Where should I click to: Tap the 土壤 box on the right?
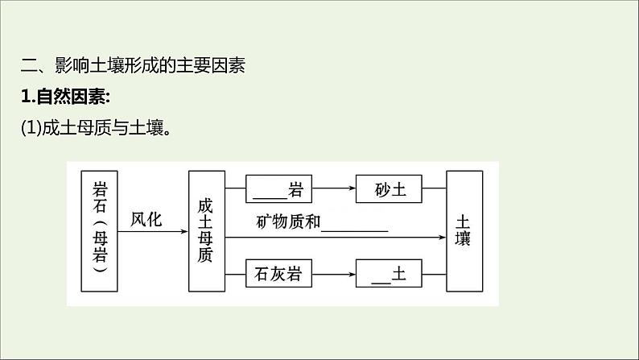click(464, 231)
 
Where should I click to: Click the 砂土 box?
click(391, 190)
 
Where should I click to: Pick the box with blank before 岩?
click(277, 190)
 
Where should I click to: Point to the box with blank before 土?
click(391, 274)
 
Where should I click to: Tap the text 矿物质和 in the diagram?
click(288, 221)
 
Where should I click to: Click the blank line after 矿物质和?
click(355, 229)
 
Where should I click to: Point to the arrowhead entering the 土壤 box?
click(441, 238)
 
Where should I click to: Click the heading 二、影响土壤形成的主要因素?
click(132, 66)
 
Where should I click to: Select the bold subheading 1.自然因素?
click(65, 97)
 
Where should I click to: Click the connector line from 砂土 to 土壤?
click(436, 190)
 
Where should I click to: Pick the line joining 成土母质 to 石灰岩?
click(235, 274)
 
